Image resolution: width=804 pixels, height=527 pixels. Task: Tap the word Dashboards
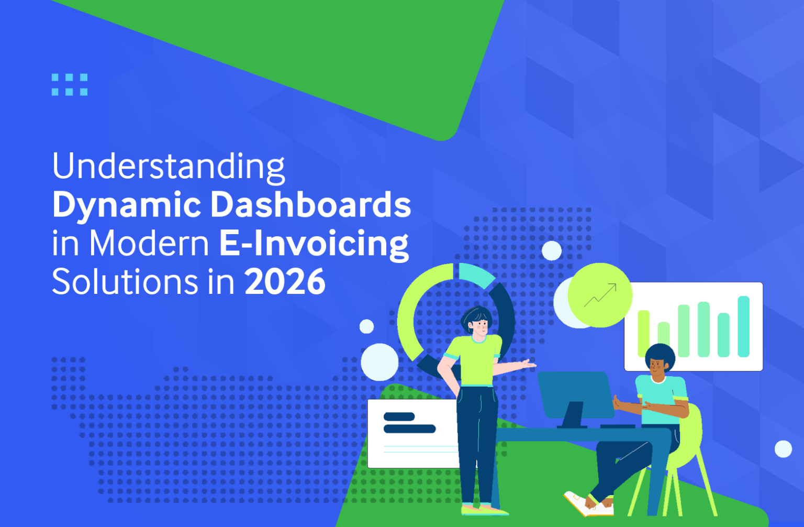click(310, 204)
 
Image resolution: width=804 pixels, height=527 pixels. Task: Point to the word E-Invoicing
click(314, 244)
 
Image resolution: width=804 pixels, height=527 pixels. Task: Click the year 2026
click(285, 282)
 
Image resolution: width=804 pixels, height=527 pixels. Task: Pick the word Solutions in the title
click(125, 281)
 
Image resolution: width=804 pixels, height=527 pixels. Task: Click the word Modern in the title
click(149, 243)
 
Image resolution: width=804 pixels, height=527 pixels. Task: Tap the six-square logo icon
click(70, 85)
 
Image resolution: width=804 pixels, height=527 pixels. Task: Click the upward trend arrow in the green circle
click(600, 295)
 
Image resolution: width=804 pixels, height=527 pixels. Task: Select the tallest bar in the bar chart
click(743, 326)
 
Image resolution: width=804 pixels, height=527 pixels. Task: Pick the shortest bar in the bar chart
click(664, 339)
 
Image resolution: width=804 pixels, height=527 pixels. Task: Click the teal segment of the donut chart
click(476, 274)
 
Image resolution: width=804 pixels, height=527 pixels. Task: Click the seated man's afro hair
click(660, 355)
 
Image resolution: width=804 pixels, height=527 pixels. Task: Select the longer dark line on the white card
click(409, 429)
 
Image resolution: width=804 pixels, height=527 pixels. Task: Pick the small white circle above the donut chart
click(552, 250)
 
